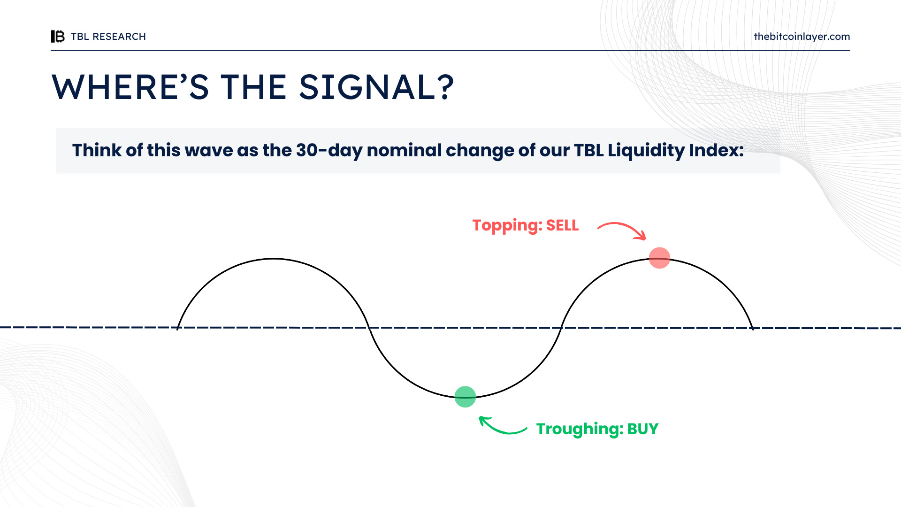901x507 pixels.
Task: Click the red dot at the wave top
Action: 659,258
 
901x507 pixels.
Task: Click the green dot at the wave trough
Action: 465,397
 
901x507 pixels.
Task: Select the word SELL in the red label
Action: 562,225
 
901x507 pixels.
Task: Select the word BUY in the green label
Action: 643,429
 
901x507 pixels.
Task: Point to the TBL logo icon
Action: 58,36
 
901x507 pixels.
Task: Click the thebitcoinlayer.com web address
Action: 802,37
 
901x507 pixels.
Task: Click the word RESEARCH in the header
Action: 119,37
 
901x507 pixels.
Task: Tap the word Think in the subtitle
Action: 96,150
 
